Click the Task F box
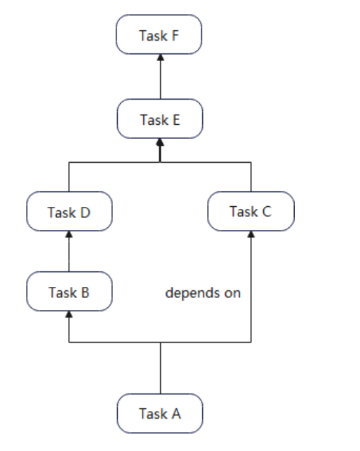(159, 34)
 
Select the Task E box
(160, 119)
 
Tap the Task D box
(69, 211)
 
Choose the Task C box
(251, 211)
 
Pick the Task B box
(69, 291)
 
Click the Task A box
(160, 413)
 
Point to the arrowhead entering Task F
(161, 58)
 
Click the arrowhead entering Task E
(160, 142)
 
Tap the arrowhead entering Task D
(69, 234)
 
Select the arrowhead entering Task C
(251, 234)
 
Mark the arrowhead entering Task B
(69, 314)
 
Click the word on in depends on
(232, 294)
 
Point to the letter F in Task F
(175, 36)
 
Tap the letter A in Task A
(176, 414)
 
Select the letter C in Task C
(267, 211)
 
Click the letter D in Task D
(85, 213)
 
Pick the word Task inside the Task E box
(154, 120)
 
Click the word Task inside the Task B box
(62, 292)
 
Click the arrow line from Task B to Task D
(69, 251)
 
